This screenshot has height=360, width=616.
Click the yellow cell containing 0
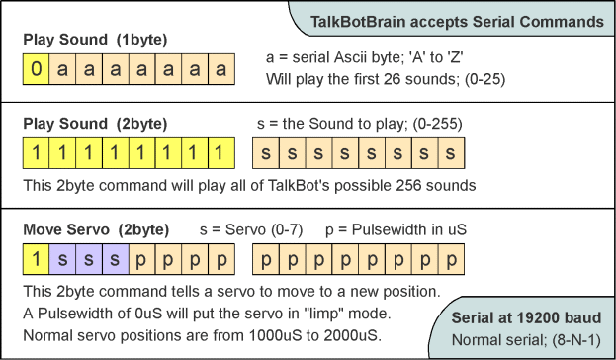click(37, 70)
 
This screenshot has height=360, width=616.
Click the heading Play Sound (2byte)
click(96, 124)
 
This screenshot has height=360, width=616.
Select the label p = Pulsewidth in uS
click(396, 229)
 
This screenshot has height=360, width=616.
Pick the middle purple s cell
click(90, 260)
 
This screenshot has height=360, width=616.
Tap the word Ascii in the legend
click(352, 58)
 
